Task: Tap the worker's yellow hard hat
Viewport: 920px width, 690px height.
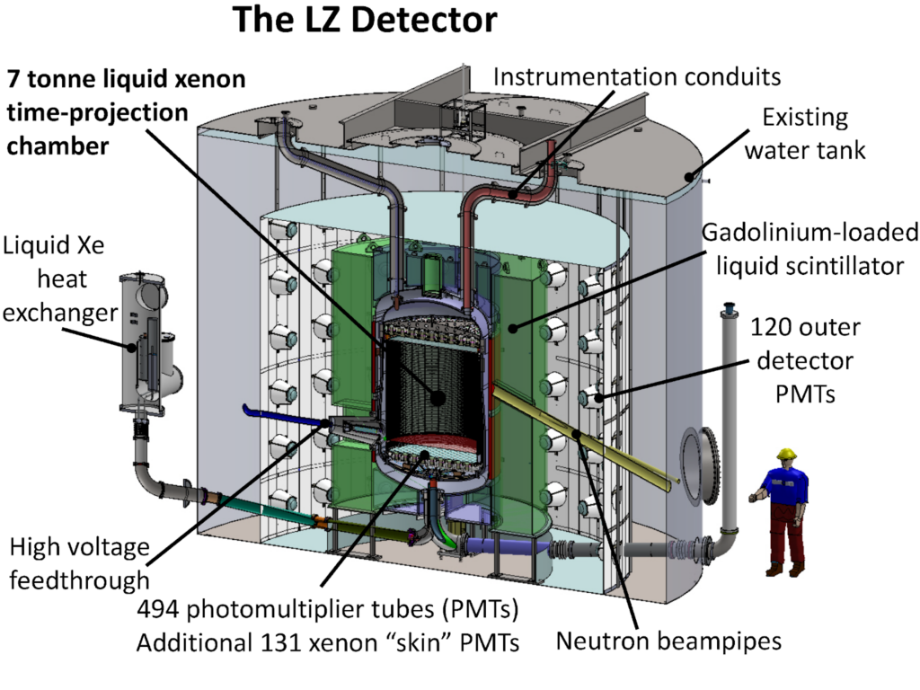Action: [x=788, y=454]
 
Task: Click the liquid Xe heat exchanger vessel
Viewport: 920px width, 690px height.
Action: [x=148, y=341]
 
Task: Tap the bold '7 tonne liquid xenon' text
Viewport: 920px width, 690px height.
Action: [x=126, y=79]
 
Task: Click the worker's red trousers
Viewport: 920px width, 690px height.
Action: [x=786, y=535]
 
